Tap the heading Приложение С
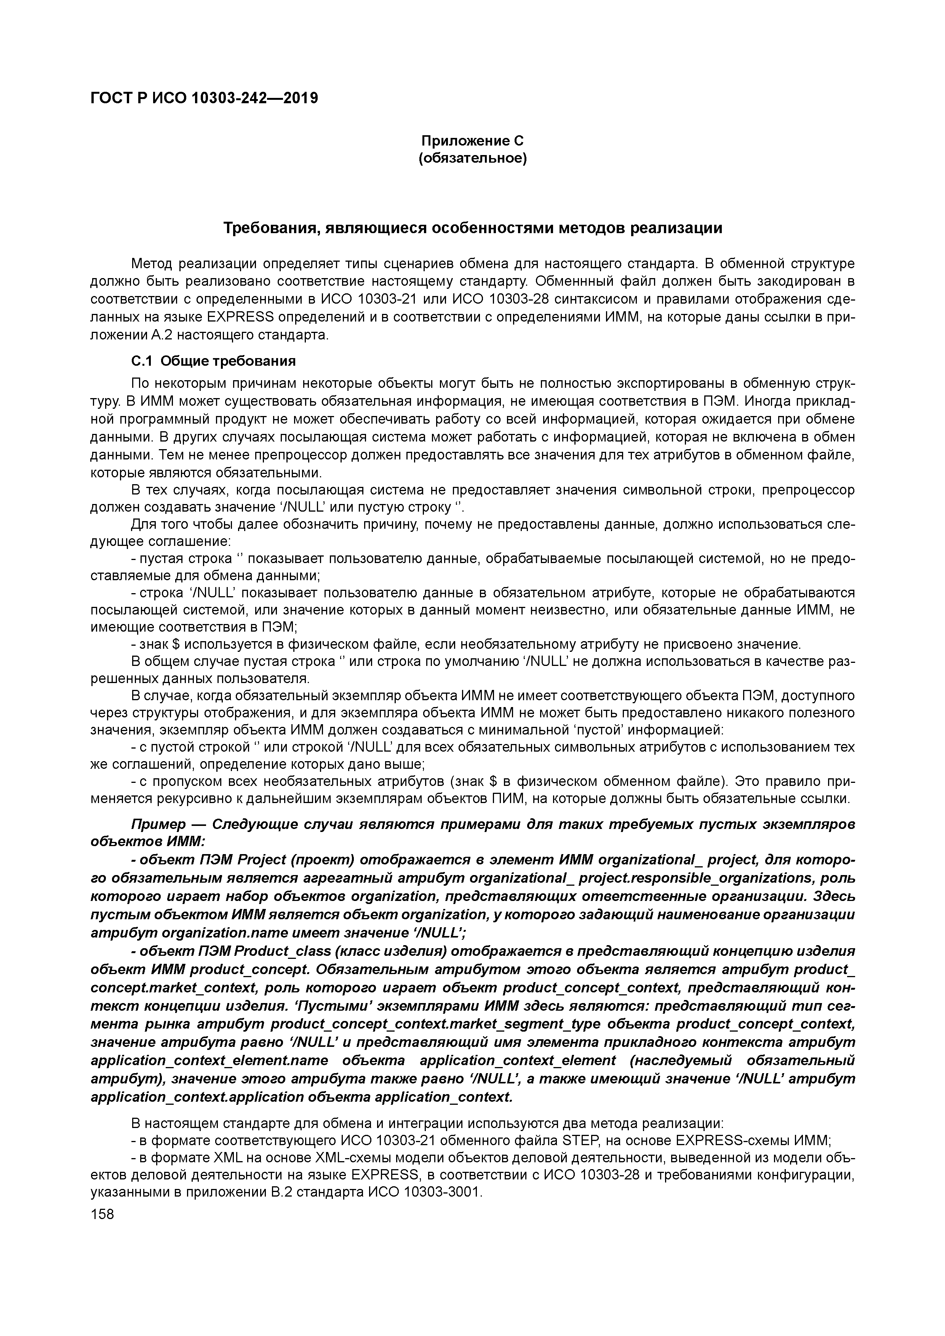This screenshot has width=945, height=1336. (472, 141)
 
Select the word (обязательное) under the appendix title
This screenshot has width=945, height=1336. (472, 158)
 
